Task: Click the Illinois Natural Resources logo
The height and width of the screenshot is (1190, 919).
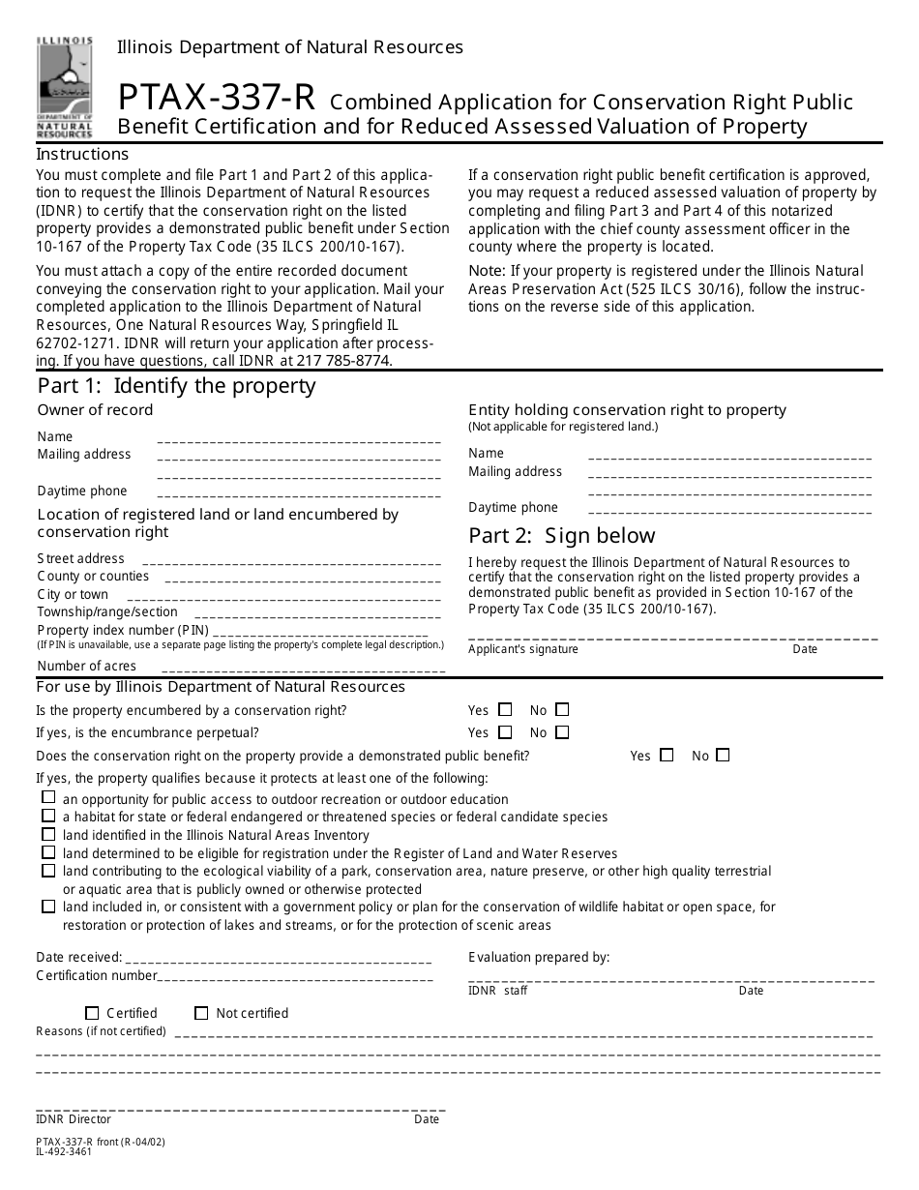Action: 65,86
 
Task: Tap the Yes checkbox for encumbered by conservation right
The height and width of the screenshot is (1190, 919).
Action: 505,709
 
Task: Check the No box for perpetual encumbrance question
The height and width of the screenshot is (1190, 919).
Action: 562,732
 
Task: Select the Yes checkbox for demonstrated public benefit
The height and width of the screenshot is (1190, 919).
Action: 667,755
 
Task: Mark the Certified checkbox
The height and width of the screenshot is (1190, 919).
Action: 92,1013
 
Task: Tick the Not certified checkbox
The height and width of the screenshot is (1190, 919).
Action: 201,1013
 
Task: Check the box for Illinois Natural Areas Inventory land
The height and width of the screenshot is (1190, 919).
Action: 48,834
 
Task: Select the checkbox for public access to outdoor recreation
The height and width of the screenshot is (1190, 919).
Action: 48,798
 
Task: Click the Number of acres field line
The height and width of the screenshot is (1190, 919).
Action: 303,669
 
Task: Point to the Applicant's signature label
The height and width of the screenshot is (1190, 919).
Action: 522,649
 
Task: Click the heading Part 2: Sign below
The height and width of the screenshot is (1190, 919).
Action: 561,536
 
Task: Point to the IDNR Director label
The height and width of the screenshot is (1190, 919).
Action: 74,1119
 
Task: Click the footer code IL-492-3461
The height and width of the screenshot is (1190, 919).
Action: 65,1151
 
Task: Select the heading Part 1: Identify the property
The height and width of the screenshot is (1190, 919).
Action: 176,386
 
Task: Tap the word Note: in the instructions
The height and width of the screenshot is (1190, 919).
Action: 486,271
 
